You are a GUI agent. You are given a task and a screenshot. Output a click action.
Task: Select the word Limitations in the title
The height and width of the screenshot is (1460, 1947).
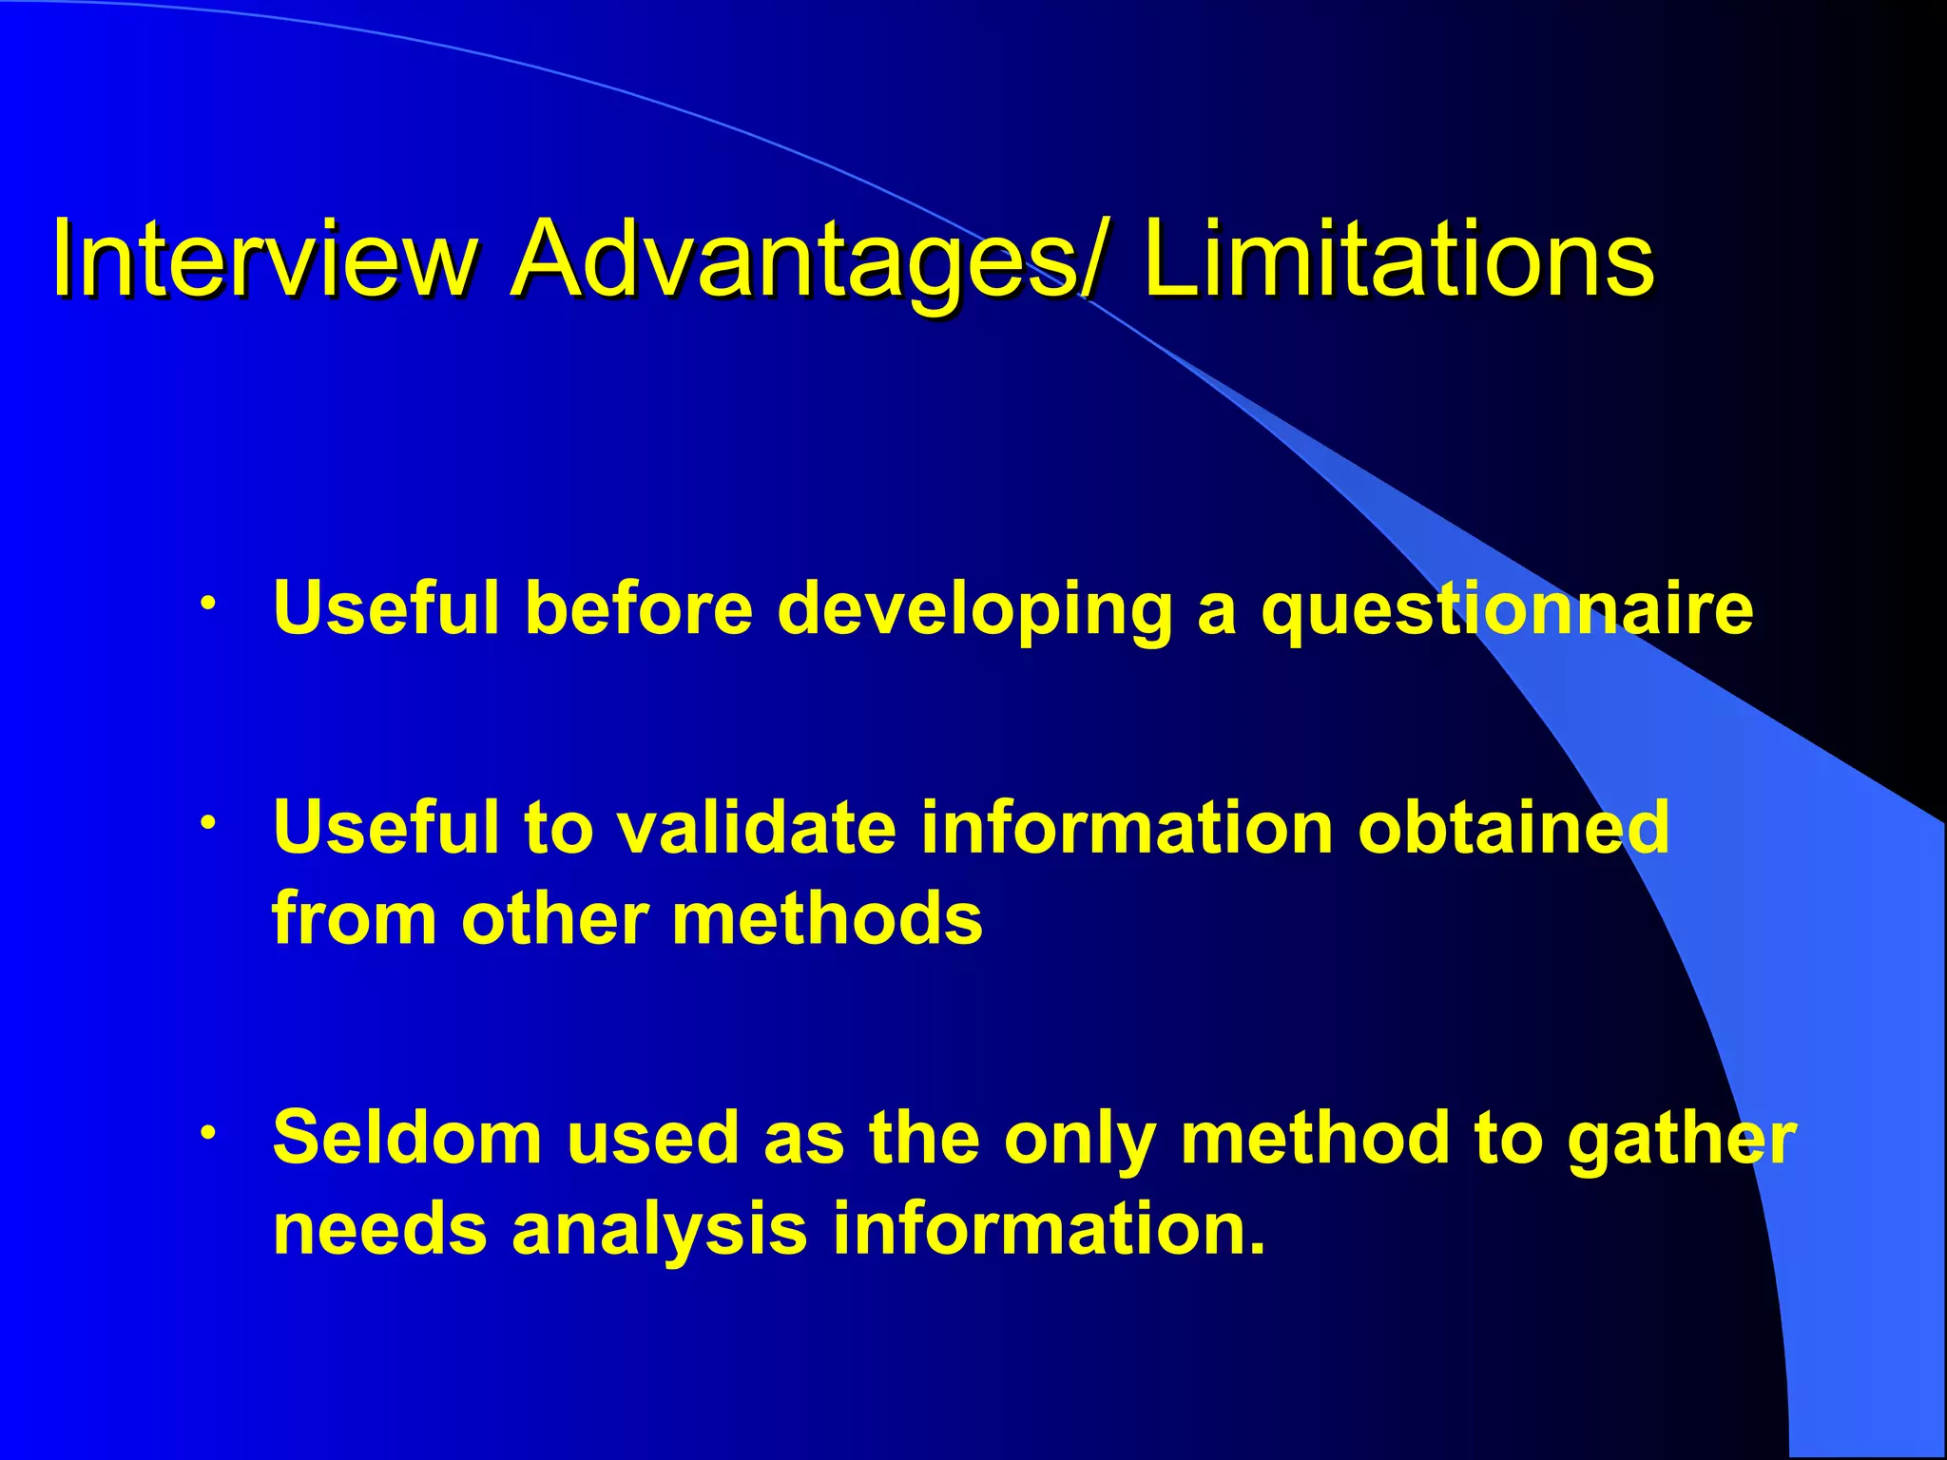1399,259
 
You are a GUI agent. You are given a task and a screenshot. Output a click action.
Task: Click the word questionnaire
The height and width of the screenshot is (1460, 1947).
1507,611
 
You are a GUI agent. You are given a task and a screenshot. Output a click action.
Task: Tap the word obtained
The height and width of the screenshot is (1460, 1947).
1513,826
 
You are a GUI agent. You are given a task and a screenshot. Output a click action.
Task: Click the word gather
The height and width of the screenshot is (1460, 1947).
1682,1139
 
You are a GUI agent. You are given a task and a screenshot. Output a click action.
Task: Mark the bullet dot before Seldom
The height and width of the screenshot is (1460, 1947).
208,1132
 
